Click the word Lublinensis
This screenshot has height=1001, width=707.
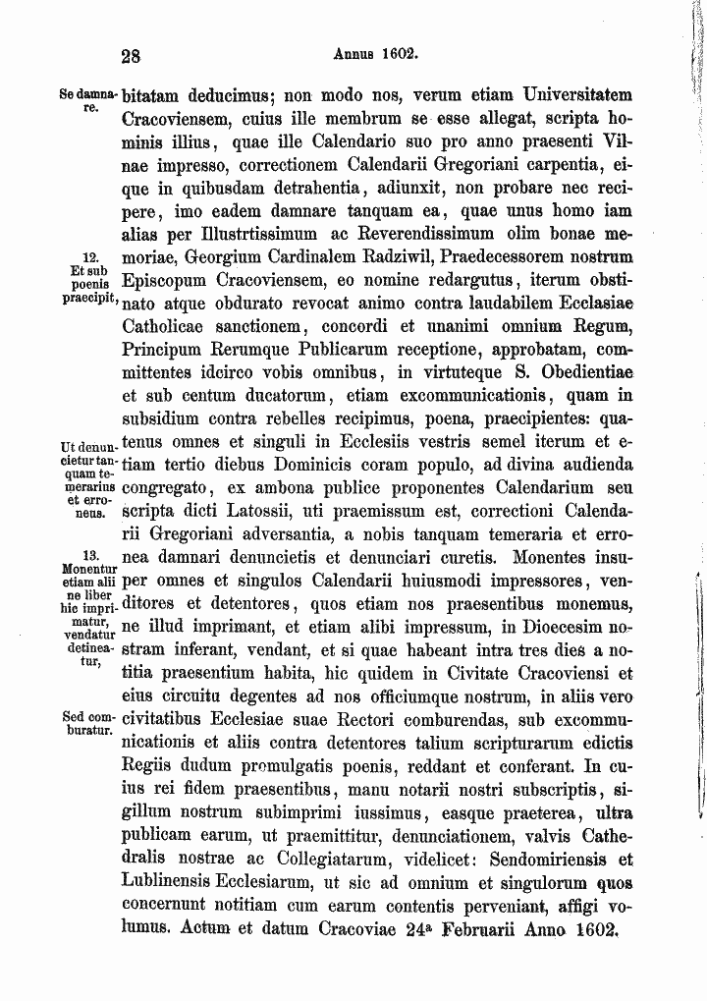(179, 859)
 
